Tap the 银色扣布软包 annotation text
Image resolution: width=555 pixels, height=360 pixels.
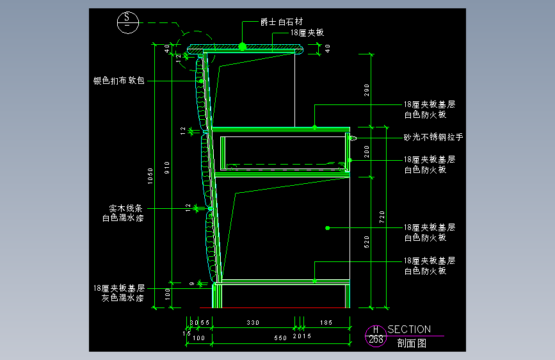(x=120, y=81)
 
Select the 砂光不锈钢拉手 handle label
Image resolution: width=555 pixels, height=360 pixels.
(x=433, y=137)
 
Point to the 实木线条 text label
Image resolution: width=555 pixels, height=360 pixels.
(x=125, y=208)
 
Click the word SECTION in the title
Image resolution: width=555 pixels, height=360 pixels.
(x=409, y=329)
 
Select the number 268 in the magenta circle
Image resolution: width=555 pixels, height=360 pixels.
(x=376, y=340)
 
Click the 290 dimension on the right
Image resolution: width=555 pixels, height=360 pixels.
(x=367, y=90)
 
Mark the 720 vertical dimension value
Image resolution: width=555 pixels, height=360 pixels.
(x=383, y=217)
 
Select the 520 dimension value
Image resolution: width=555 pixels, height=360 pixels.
(x=367, y=241)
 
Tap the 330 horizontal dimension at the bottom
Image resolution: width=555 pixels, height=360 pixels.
(x=253, y=323)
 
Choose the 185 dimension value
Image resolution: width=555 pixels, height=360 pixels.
(x=325, y=323)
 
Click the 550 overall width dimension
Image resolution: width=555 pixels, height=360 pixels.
(x=280, y=338)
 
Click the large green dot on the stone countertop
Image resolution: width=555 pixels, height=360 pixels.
(x=243, y=46)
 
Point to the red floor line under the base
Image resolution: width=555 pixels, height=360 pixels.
(x=282, y=308)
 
